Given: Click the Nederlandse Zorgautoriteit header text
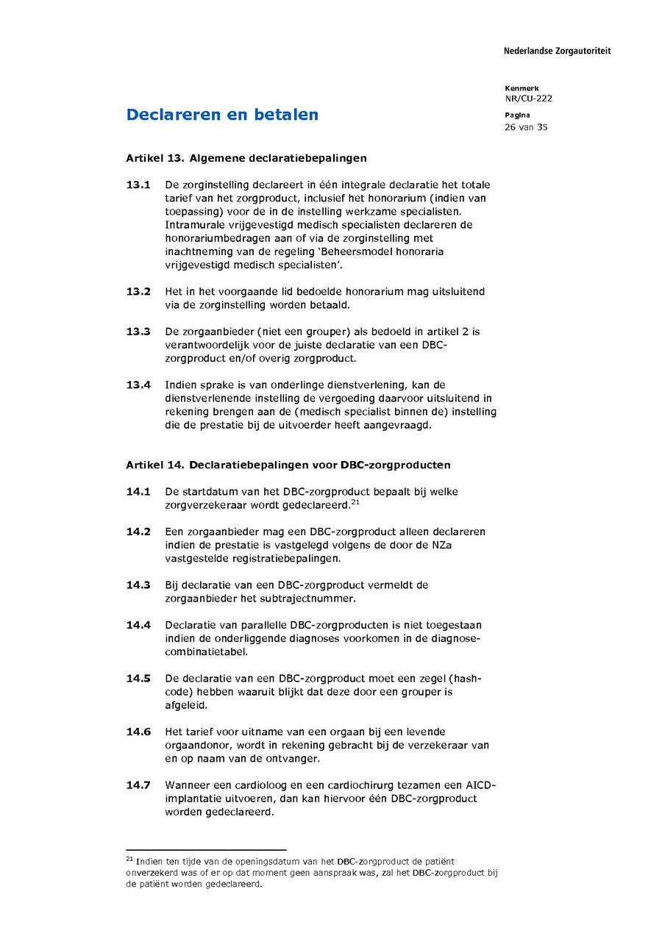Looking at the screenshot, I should pyautogui.click(x=557, y=51).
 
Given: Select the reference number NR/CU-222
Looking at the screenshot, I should pyautogui.click(x=528, y=99).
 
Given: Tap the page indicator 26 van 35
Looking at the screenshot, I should pyautogui.click(x=526, y=127).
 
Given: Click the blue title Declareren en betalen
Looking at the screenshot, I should pyautogui.click(x=222, y=115).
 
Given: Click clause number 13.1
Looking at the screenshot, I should pyautogui.click(x=138, y=185).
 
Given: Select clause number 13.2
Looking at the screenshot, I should pyautogui.click(x=138, y=292).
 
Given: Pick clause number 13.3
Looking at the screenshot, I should pyautogui.click(x=138, y=332).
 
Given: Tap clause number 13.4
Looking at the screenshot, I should pyautogui.click(x=138, y=385).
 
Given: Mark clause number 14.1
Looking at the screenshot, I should pyautogui.click(x=138, y=491).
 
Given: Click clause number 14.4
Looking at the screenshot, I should pyautogui.click(x=138, y=625).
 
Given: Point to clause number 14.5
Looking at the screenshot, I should pyautogui.click(x=138, y=678).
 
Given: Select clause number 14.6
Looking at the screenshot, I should pyautogui.click(x=138, y=732).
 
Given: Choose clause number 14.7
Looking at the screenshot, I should pyautogui.click(x=138, y=785).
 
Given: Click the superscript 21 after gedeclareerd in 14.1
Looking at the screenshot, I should pyautogui.click(x=355, y=502).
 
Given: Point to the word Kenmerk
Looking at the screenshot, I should pyautogui.click(x=522, y=88).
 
